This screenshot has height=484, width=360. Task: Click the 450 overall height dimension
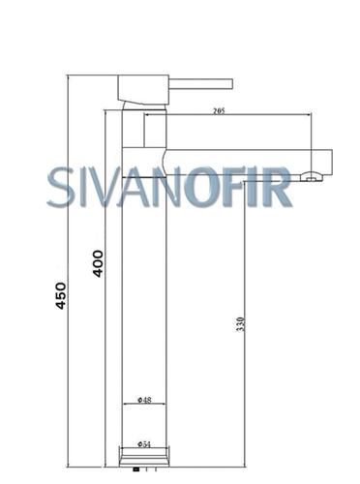point(61,295)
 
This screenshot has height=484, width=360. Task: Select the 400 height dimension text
point(98,263)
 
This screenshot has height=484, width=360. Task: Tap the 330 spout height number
point(241,324)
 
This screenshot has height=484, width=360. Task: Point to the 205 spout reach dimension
point(219,111)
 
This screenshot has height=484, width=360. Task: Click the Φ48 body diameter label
point(144,400)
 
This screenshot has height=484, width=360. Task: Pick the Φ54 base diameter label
point(144,444)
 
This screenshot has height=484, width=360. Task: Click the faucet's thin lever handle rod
point(200,83)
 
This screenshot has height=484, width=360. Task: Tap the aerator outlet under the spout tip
point(312,177)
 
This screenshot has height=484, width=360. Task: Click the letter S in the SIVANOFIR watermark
point(61,187)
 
